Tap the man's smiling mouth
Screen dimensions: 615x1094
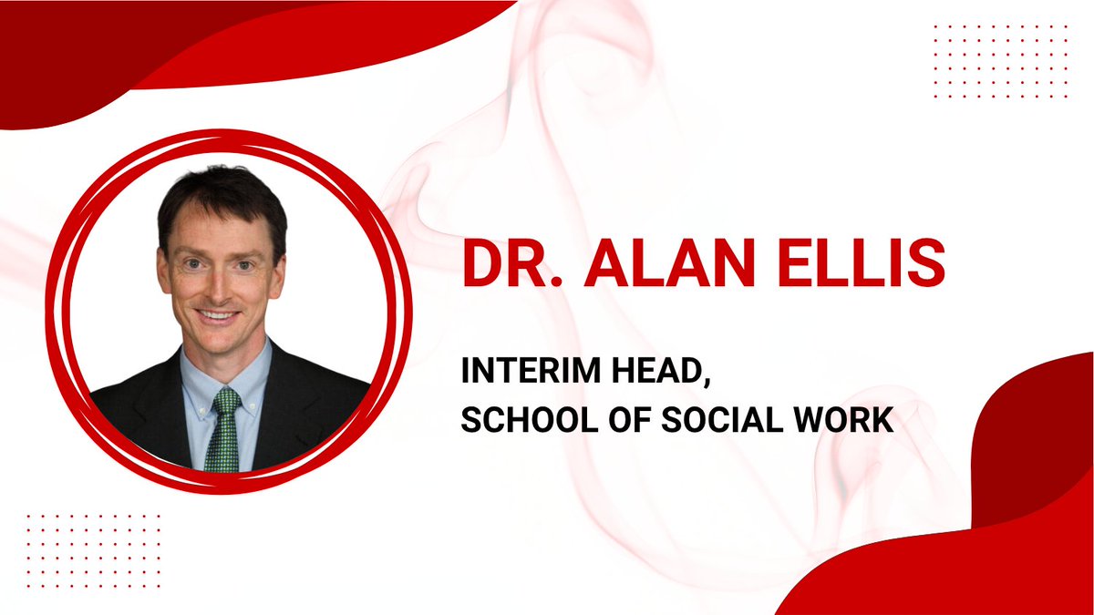(x=219, y=315)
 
